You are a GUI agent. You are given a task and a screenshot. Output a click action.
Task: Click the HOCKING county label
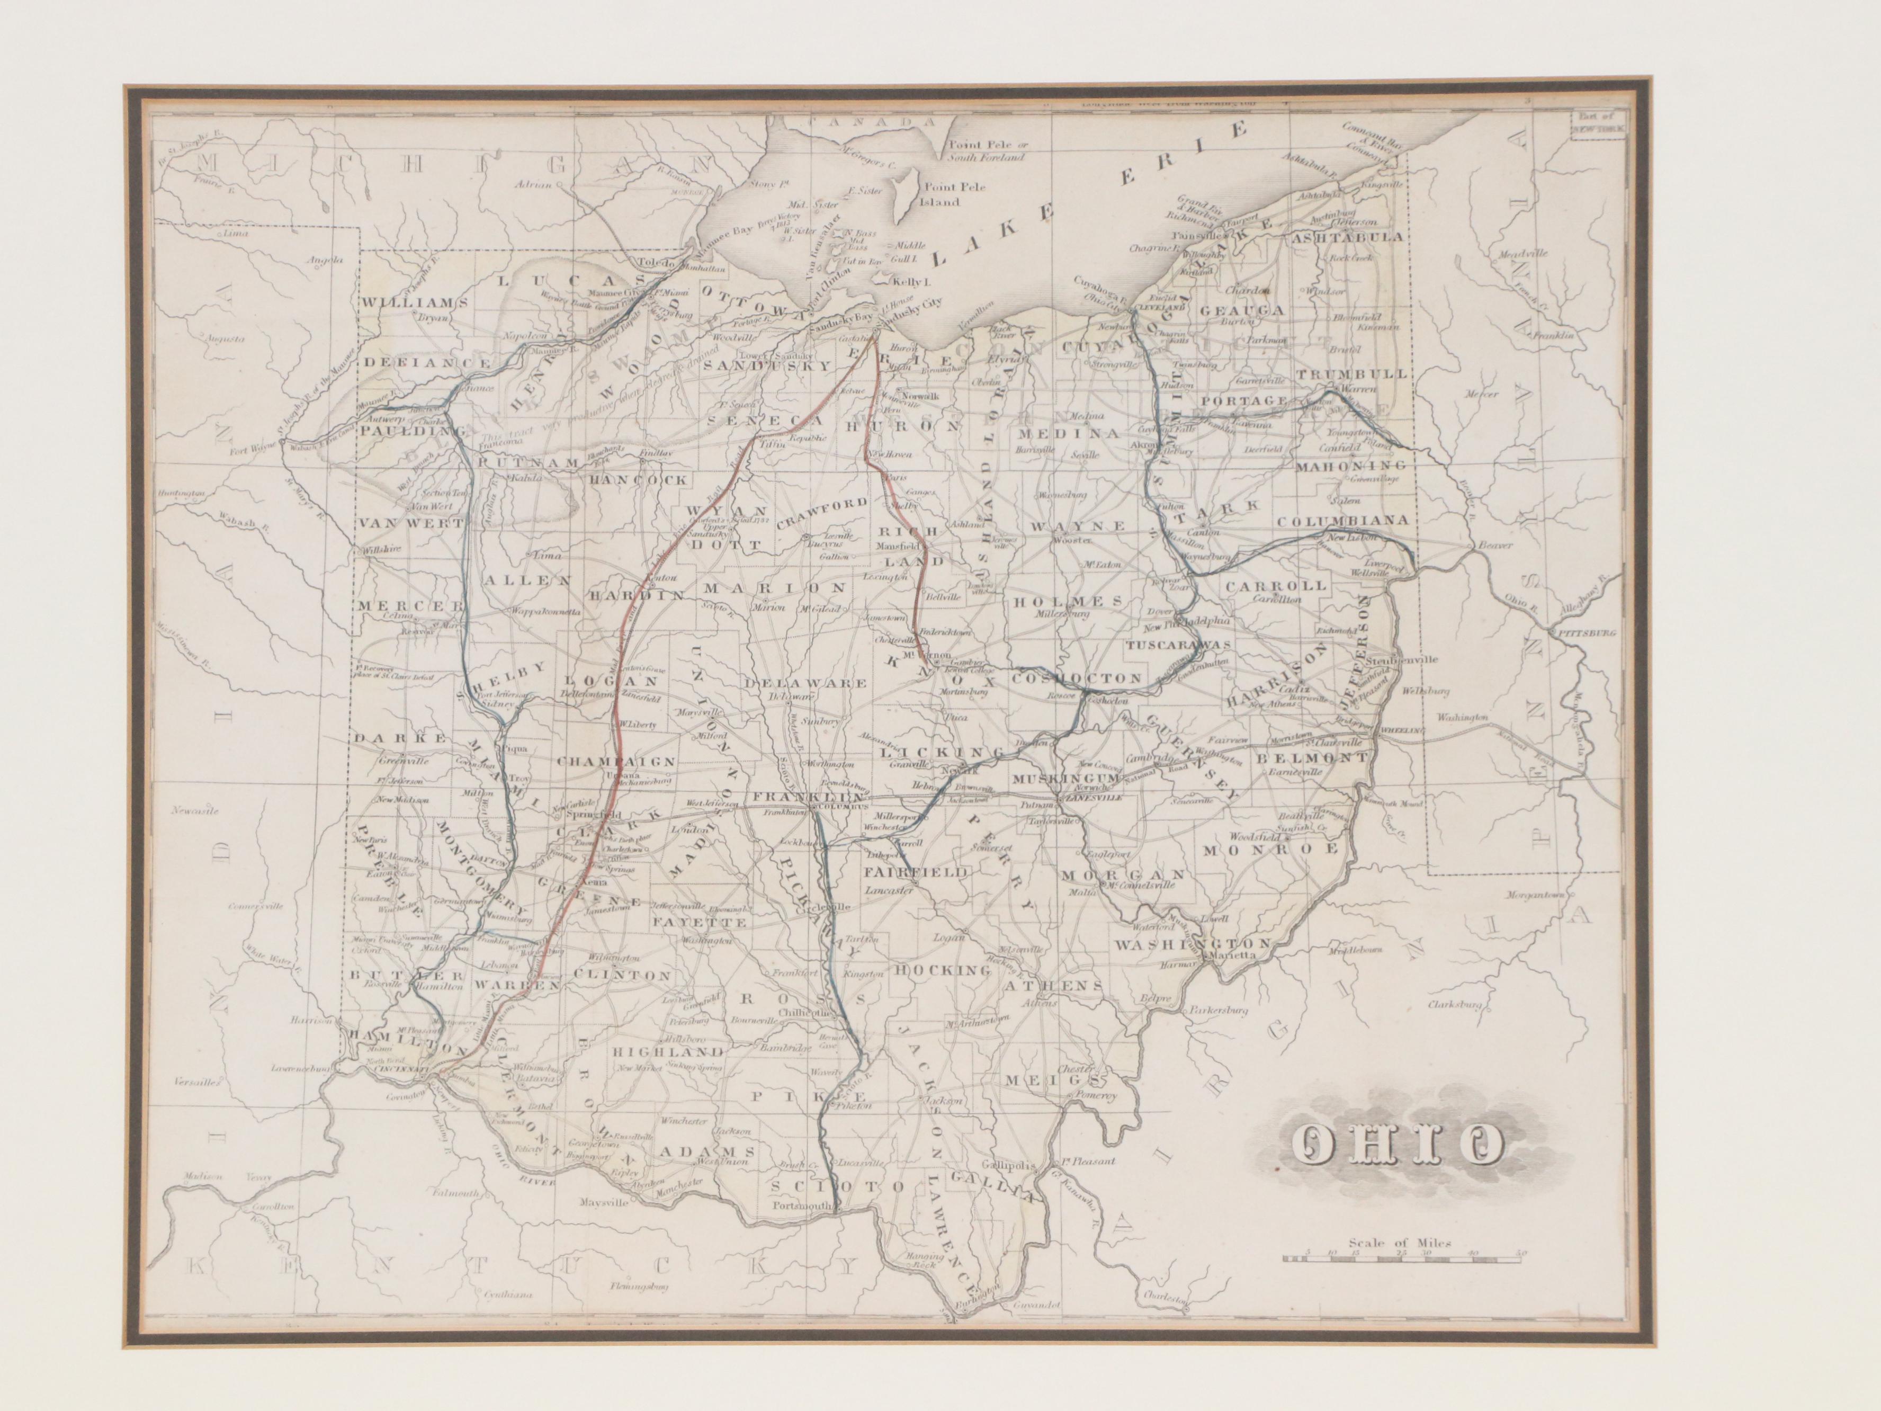(x=943, y=970)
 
